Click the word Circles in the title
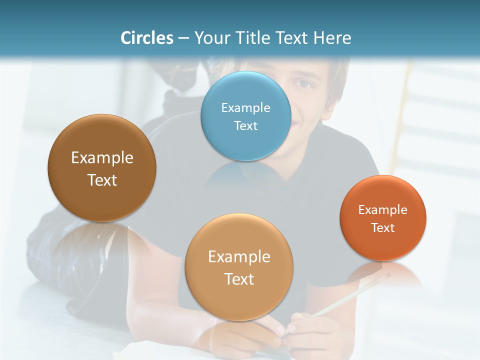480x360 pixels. click(147, 37)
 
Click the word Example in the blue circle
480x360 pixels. click(246, 107)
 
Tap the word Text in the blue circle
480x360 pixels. click(246, 125)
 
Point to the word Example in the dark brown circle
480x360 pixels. click(102, 158)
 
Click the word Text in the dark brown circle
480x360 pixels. click(102, 180)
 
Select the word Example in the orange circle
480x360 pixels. click(383, 209)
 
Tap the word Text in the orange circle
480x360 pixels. click(383, 227)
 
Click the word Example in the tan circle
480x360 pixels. click(239, 257)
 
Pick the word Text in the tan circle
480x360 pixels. click(239, 279)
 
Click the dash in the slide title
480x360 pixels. click(183, 38)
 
